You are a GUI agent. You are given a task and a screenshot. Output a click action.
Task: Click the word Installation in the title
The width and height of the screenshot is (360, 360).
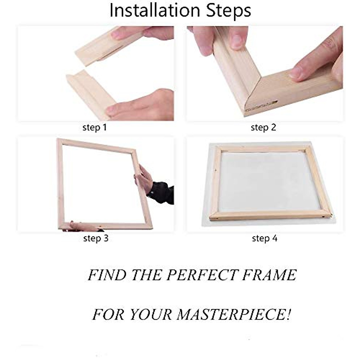[x=154, y=10]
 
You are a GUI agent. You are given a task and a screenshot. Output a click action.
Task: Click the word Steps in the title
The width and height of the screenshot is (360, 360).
[x=228, y=11]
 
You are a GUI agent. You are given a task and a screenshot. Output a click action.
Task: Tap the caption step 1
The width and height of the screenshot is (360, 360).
[x=94, y=127]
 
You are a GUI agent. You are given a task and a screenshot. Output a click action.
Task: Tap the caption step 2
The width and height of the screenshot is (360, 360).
[x=263, y=127]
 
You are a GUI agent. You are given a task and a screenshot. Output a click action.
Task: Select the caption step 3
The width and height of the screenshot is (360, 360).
[x=96, y=238]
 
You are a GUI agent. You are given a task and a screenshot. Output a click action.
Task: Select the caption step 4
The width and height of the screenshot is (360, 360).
[x=265, y=238]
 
